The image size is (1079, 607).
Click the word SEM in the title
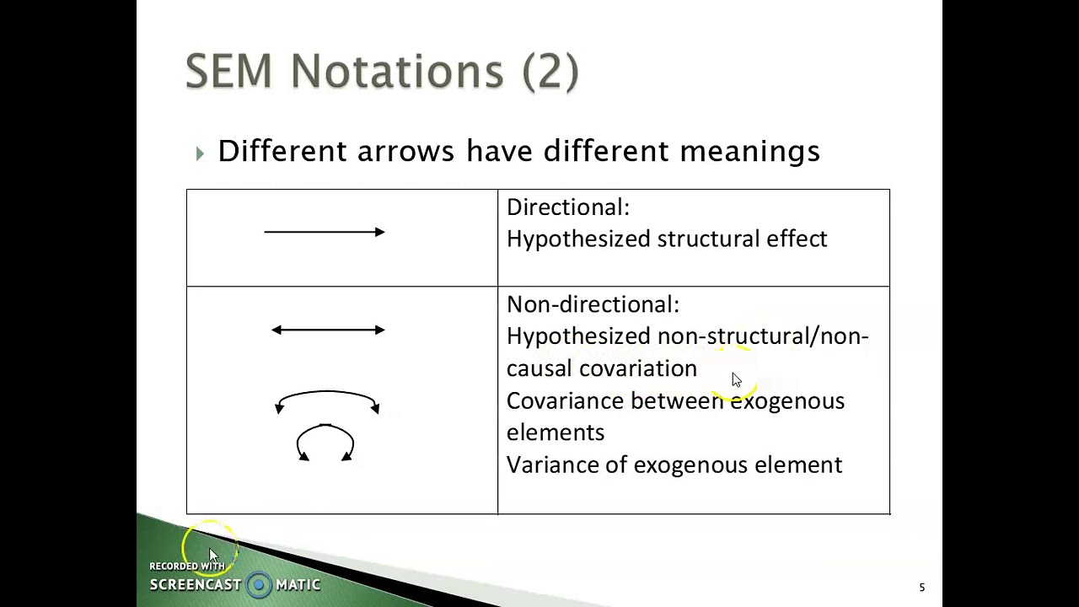tap(228, 71)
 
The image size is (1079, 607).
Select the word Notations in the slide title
tap(397, 71)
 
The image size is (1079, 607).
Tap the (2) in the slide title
tap(550, 71)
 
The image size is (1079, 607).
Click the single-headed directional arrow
tap(325, 232)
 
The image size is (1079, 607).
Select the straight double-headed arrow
tap(328, 330)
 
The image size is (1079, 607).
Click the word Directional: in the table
tap(567, 207)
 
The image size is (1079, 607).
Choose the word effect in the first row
tap(797, 239)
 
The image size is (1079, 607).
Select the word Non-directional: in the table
tap(593, 304)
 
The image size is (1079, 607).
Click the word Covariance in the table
tap(564, 401)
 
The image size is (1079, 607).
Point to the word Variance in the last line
tap(552, 465)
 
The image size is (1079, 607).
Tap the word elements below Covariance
tap(556, 433)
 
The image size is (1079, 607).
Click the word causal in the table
tap(539, 369)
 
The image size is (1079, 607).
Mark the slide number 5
tap(921, 588)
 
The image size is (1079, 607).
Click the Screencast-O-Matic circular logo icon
tap(259, 585)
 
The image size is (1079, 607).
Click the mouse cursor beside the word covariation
tap(736, 380)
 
